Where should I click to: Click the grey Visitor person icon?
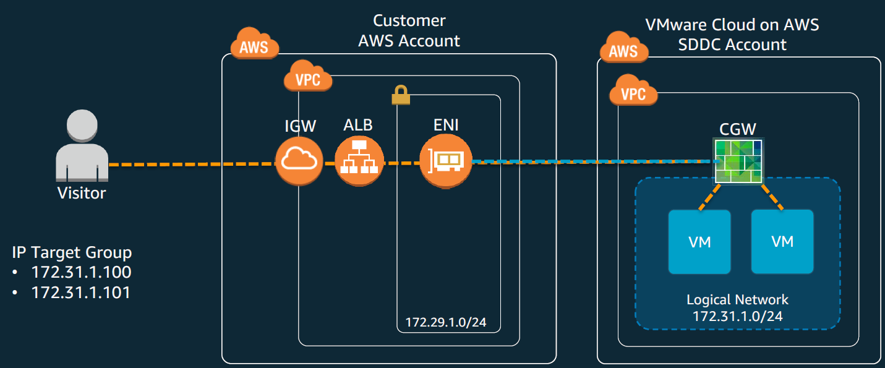pyautogui.click(x=82, y=146)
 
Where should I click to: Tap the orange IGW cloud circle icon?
pyautogui.click(x=299, y=161)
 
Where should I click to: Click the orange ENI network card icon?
pyautogui.click(x=445, y=161)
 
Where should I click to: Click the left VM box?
pyautogui.click(x=699, y=242)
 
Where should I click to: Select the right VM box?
pyautogui.click(x=782, y=242)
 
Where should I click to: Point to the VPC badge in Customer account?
pyautogui.click(x=308, y=79)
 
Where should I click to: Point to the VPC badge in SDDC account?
pyautogui.click(x=633, y=93)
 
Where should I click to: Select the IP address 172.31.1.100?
pyautogui.click(x=81, y=272)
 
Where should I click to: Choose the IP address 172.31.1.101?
pyautogui.click(x=81, y=292)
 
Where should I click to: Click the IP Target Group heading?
pyautogui.click(x=72, y=252)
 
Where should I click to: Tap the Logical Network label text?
pyautogui.click(x=737, y=300)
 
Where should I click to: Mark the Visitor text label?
pyautogui.click(x=82, y=193)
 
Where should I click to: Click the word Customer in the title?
pyautogui.click(x=409, y=20)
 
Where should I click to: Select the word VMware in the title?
pyautogui.click(x=676, y=25)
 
